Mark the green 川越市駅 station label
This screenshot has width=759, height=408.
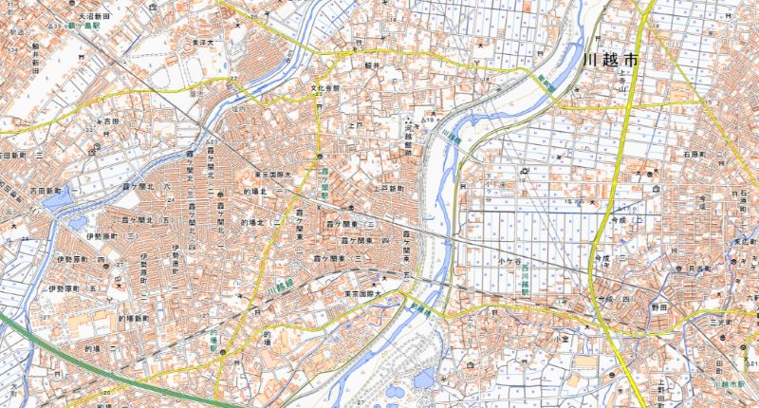coord(727,386)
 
